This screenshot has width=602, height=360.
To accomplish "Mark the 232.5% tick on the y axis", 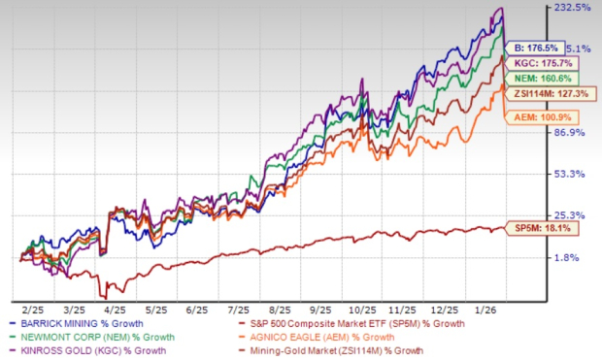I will pos(573,8).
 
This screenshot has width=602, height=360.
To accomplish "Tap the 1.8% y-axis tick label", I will pos(573,257).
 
